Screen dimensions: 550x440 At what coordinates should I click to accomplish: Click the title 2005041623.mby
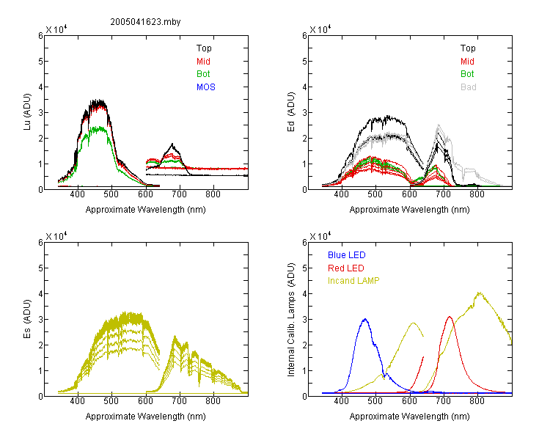click(145, 22)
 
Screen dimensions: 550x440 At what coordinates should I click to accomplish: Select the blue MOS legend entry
click(206, 87)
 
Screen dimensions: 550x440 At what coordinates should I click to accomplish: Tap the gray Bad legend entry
click(469, 87)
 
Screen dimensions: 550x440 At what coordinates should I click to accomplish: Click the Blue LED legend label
click(347, 255)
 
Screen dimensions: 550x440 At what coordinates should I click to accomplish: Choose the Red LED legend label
click(346, 268)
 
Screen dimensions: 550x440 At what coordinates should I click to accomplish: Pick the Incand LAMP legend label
click(353, 281)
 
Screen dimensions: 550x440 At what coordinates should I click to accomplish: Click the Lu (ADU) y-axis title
click(27, 111)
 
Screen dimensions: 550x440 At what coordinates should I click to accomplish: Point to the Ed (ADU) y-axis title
click(291, 111)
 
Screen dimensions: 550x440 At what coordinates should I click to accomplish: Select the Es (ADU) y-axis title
click(27, 318)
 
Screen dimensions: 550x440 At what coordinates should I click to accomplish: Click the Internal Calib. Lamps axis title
click(291, 319)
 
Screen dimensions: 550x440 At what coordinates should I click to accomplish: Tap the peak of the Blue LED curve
click(365, 319)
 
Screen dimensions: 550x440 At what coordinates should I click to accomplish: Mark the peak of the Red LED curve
click(450, 317)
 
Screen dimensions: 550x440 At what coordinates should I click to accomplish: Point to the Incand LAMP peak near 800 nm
click(479, 293)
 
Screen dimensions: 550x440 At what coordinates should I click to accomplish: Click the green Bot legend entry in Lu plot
click(203, 74)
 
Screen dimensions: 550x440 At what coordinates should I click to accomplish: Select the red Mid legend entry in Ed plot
click(467, 62)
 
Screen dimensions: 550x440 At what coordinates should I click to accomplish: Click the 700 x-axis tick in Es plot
click(179, 400)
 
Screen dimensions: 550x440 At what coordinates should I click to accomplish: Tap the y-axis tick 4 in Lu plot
click(40, 87)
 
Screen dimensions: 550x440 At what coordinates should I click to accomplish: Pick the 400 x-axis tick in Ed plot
click(341, 194)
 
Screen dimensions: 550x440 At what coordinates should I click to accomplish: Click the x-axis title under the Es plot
click(146, 417)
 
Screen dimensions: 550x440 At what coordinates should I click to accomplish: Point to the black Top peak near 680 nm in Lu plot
click(172, 144)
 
